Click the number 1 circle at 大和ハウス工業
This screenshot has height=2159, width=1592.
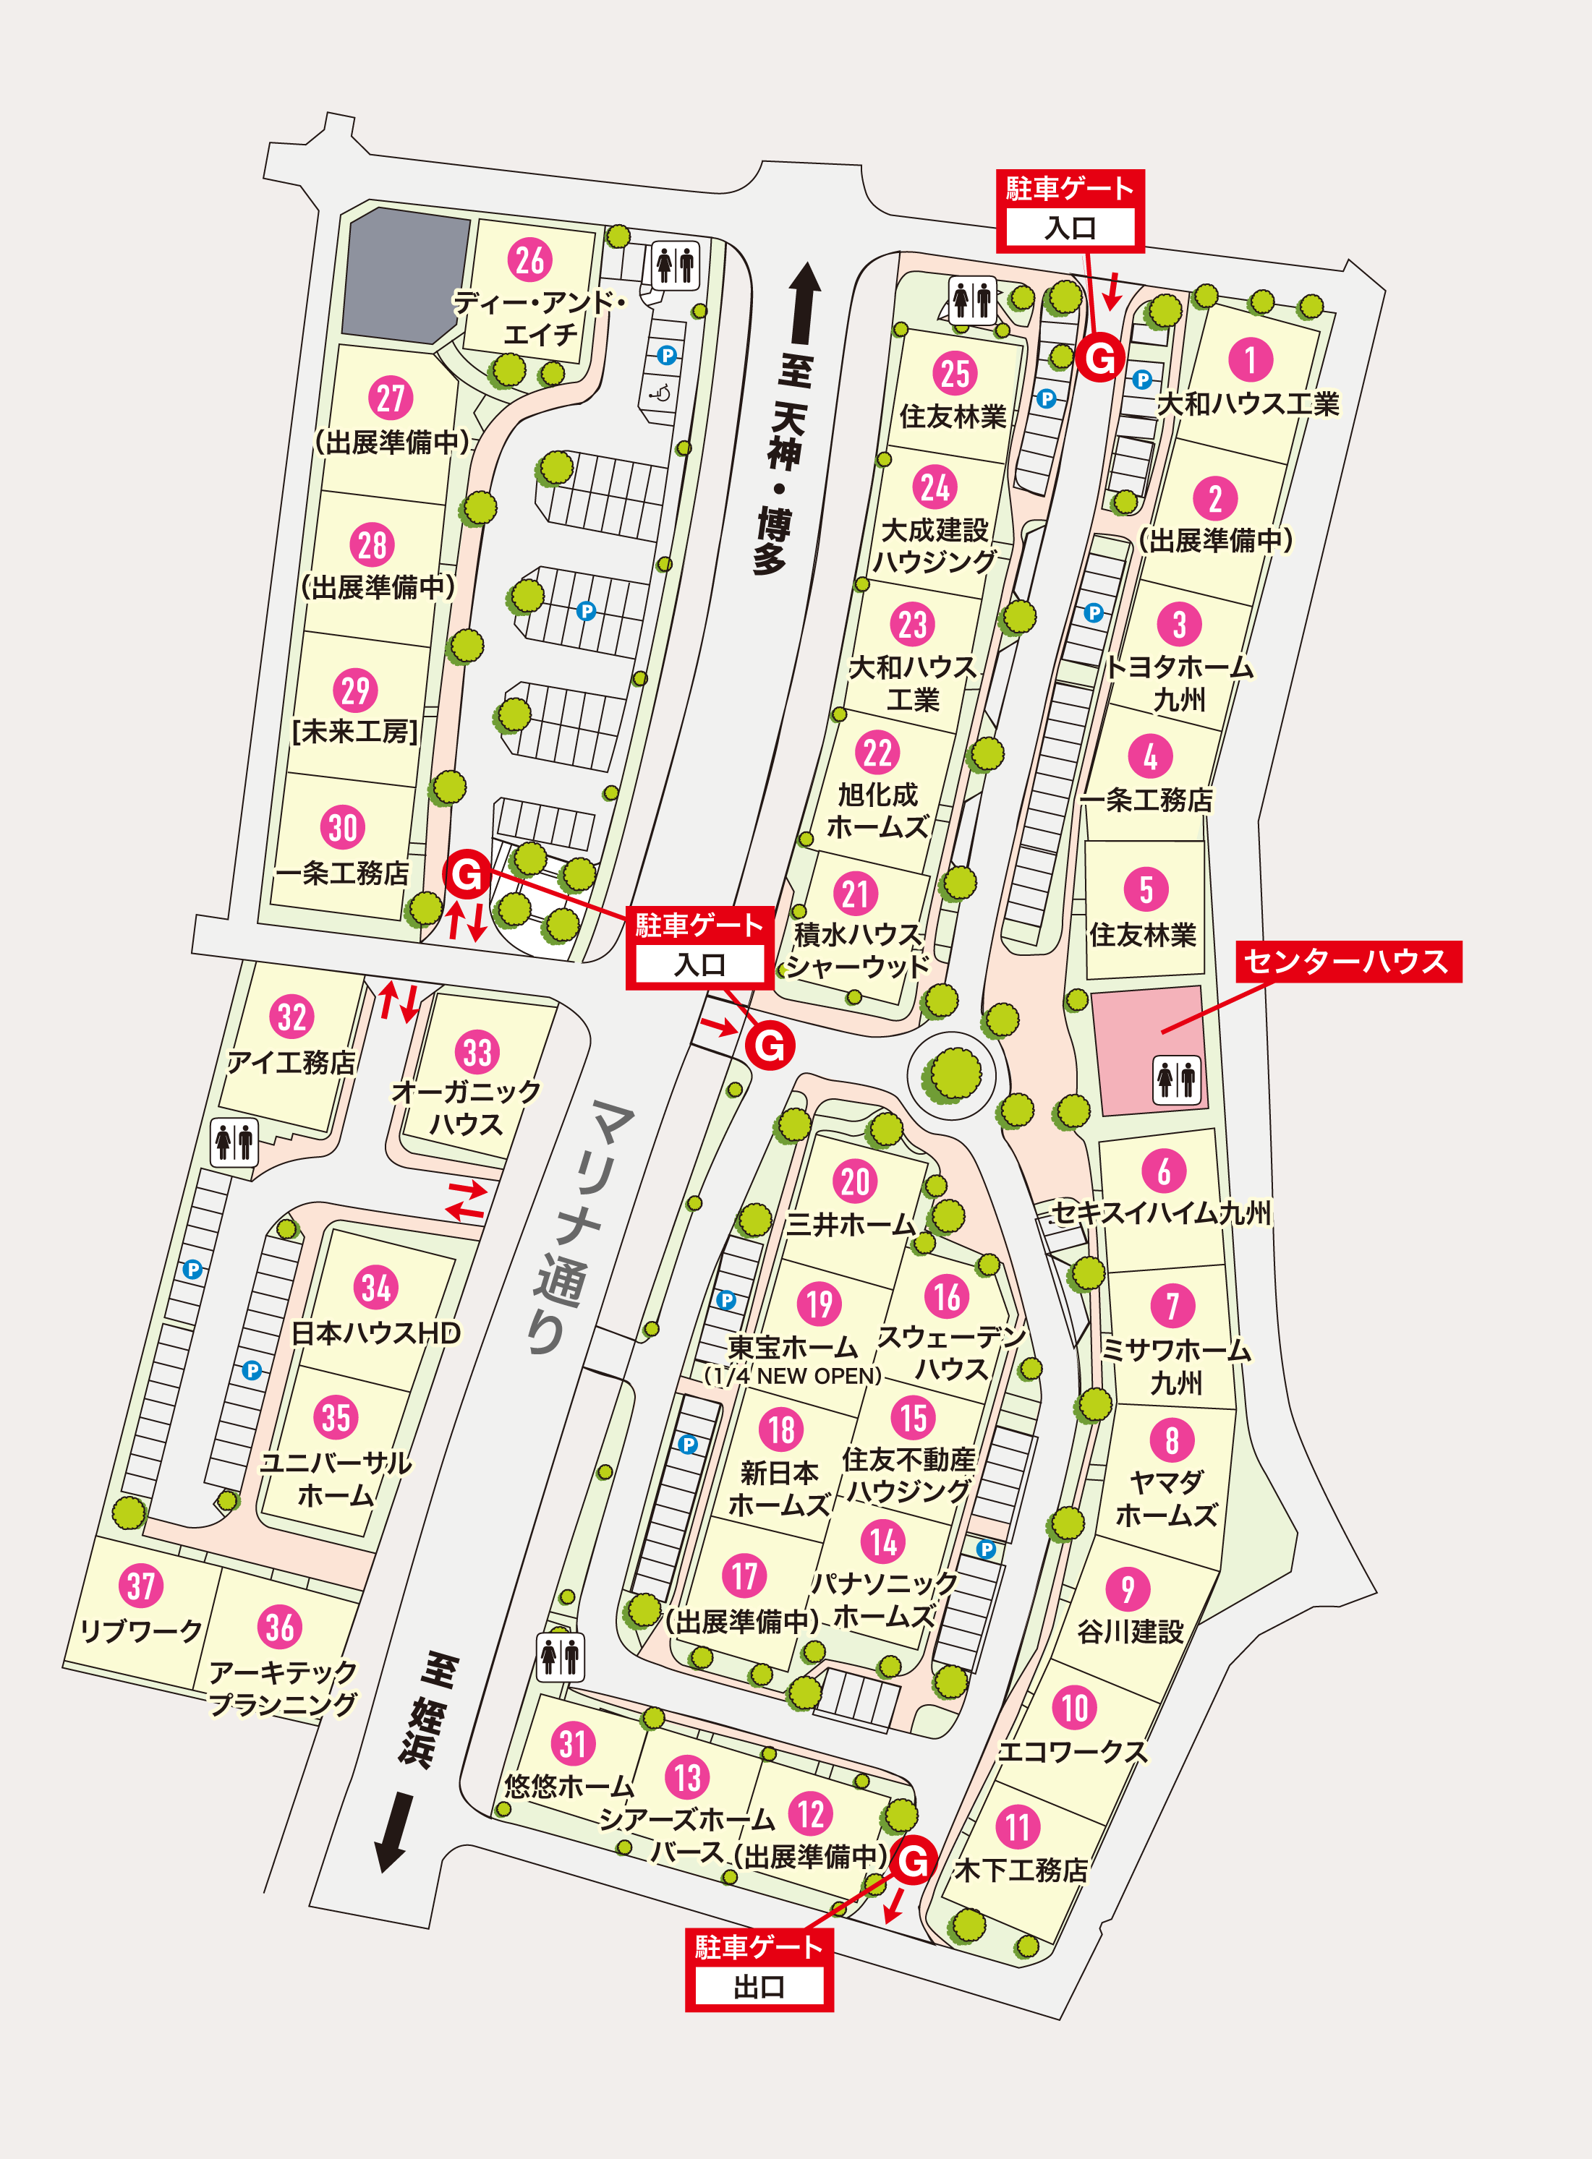[1250, 359]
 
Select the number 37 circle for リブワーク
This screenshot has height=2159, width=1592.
[141, 1585]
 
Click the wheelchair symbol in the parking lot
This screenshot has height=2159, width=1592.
[661, 392]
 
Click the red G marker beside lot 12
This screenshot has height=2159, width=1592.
[913, 1860]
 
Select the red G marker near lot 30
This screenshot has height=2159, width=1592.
[467, 874]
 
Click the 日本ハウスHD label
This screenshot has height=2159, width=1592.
[376, 1333]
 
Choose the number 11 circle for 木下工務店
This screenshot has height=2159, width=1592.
[1018, 1826]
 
